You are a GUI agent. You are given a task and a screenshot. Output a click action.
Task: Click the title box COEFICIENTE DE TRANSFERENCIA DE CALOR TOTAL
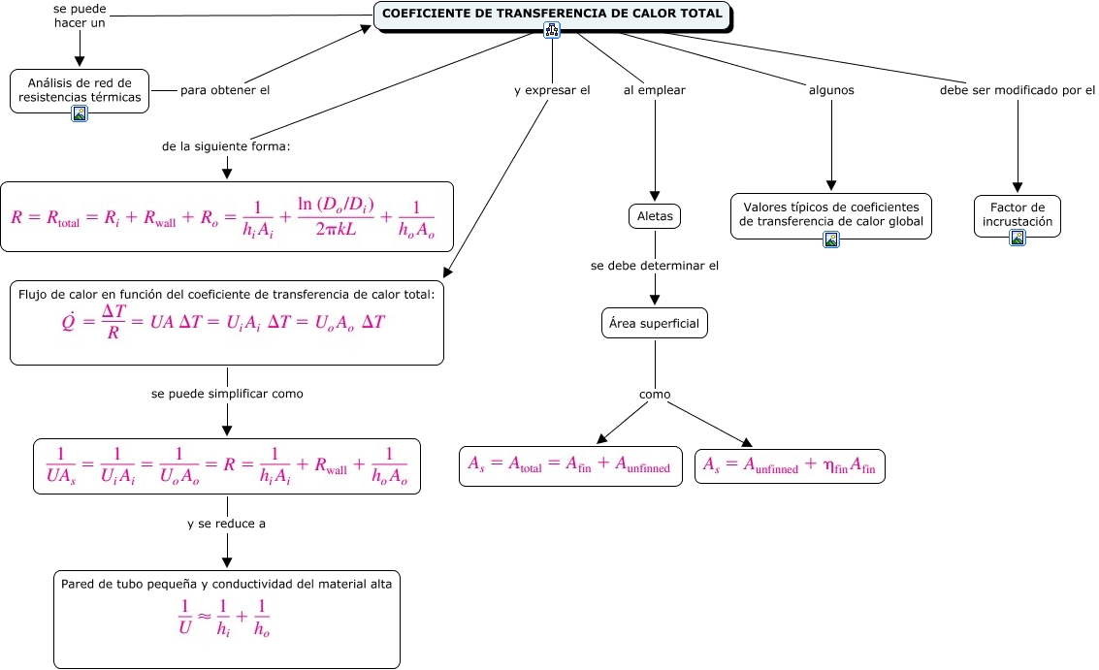(552, 15)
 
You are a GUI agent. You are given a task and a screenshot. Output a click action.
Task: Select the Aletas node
(655, 215)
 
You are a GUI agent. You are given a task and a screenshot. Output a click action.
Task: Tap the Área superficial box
(655, 324)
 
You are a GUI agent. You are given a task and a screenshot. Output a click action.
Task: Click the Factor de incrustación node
(1017, 214)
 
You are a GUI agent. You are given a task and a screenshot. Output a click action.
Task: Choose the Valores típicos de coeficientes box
(830, 213)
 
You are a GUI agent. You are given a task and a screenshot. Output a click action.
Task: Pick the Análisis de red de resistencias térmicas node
(80, 90)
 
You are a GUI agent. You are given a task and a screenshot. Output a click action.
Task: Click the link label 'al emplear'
(655, 90)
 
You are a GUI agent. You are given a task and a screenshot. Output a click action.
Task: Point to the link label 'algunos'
(831, 90)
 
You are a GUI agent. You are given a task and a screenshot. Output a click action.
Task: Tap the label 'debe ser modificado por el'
(1018, 90)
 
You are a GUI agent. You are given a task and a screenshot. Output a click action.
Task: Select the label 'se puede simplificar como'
(227, 394)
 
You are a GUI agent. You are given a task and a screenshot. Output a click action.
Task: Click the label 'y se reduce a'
(227, 524)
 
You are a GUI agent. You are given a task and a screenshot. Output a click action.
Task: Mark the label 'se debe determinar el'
(655, 265)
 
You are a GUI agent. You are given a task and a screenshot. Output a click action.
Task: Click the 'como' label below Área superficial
(655, 395)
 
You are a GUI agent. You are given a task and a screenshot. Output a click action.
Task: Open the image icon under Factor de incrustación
(1018, 238)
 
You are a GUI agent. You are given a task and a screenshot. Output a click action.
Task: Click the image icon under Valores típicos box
(831, 239)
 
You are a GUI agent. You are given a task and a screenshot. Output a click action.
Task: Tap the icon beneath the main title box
(553, 31)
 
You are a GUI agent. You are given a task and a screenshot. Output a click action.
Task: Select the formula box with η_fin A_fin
(790, 466)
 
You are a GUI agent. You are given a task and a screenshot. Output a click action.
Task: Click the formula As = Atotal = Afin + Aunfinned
(569, 465)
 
